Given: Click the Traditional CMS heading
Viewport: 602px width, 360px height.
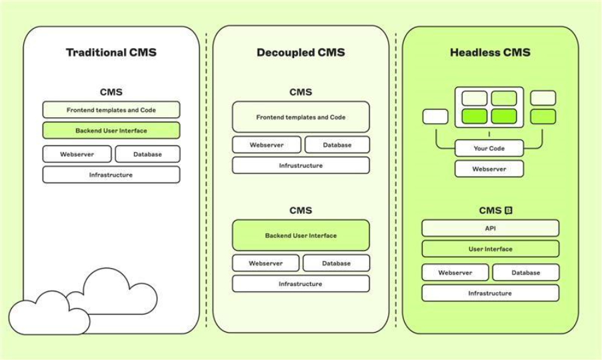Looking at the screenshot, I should coord(111,53).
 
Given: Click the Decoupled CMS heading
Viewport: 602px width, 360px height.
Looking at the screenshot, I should coord(301,53).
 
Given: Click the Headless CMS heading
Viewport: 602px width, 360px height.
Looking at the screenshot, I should coord(490,53).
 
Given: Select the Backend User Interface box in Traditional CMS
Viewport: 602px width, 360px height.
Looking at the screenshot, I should coord(111,131).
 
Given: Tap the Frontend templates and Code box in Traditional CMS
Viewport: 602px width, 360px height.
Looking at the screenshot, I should coord(111,110).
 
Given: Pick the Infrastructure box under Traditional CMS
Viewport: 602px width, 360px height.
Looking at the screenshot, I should coord(111,175).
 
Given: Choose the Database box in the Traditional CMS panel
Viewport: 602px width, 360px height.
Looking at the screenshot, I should coord(147,154).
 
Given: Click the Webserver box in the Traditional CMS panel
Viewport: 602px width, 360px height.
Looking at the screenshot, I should coord(77,154).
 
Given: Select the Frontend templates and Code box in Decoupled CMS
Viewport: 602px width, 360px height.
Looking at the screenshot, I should coord(301,117).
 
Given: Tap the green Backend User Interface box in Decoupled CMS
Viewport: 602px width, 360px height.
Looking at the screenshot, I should coord(301,235).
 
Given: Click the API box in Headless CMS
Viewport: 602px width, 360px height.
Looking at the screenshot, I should coord(490,228).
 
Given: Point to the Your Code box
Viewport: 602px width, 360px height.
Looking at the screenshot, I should coord(489,148).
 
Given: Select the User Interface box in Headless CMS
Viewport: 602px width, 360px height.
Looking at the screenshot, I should coord(490,249).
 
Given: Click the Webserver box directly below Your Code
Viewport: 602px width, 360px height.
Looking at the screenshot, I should coord(489,169).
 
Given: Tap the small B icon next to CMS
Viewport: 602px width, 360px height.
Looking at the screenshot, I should coord(508,210).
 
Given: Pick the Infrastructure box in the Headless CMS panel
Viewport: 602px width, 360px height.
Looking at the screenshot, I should coord(490,293).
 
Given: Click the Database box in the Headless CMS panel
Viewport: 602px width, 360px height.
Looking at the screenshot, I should coord(525,272).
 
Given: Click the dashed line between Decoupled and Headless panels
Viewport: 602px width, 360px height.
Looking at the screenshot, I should coord(396,180).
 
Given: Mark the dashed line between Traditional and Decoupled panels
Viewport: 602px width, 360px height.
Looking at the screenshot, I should coord(206,180).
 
